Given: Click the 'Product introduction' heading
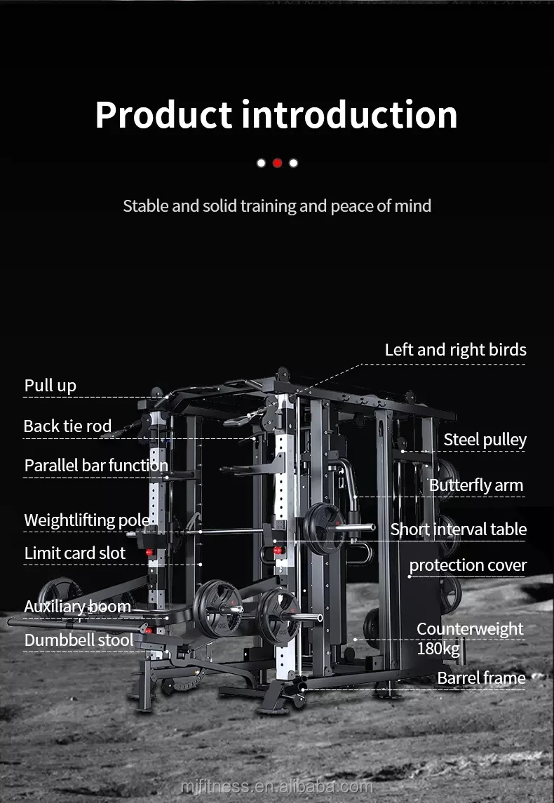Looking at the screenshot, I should pos(276,115).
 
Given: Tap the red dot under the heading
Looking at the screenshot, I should pos(277,163).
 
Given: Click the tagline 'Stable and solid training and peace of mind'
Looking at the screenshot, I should pos(277,206).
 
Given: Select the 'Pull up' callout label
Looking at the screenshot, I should pos(50,386).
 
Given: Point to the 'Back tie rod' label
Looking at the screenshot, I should pos(67,426).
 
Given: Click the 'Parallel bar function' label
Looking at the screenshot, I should pos(96,466).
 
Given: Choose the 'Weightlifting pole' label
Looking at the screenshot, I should pos(87,520).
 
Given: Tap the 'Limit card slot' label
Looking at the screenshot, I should pos(75,553).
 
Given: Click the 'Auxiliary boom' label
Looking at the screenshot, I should pos(77,607).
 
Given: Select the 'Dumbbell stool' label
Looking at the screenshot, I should pos(79,640).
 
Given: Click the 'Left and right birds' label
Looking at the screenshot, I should pos(455,350).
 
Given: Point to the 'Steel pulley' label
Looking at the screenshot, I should pos(485,440).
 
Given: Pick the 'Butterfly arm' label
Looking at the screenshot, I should pos(476,485).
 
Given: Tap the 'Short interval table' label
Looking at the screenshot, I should pos(459,529).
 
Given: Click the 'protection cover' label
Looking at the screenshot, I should pos(468,565).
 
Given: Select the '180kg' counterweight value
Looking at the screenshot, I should pos(438,649).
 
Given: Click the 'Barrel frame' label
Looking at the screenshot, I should pos(481,678).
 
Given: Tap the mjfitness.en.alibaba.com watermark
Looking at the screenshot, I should pos(276,787).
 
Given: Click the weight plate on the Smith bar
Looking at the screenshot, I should pos(323,528).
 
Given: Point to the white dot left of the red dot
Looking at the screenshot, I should pos(261,163).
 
